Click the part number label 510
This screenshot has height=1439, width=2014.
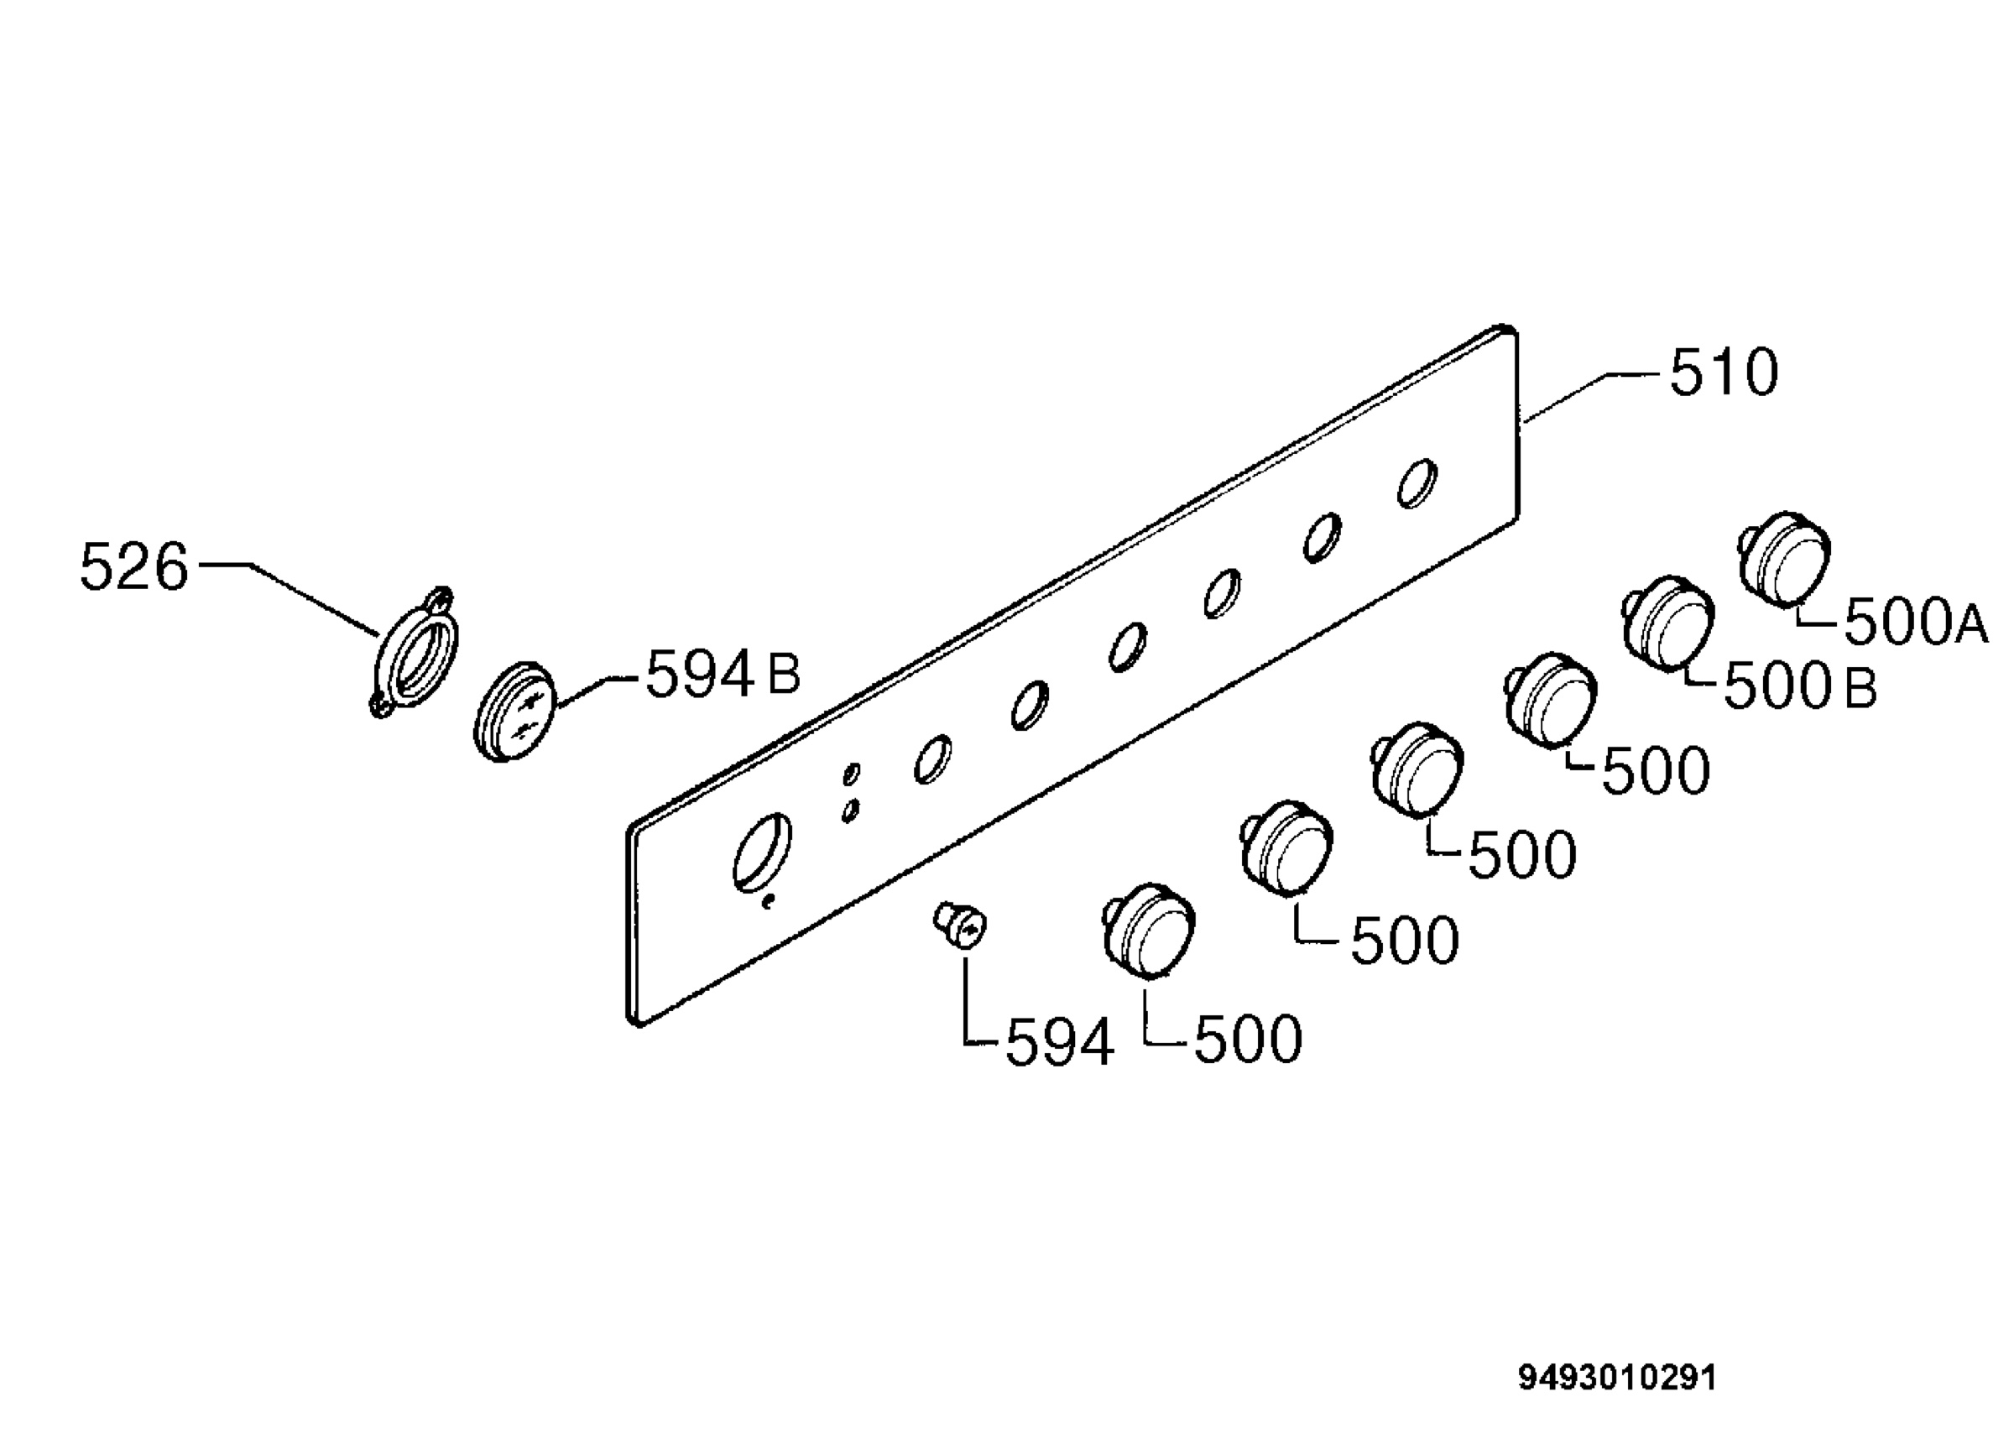pos(1724,373)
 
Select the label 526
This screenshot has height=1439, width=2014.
pos(133,567)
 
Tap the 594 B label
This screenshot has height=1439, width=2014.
pos(723,675)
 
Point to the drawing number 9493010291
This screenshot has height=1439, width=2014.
pos(1618,1378)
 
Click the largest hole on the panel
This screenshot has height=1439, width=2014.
pos(763,852)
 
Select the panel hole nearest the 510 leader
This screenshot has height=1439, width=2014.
pos(1417,484)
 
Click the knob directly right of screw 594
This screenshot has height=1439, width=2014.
pos(1149,931)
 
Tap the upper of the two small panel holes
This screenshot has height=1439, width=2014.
pos(852,774)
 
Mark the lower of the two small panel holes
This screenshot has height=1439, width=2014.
pos(851,810)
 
